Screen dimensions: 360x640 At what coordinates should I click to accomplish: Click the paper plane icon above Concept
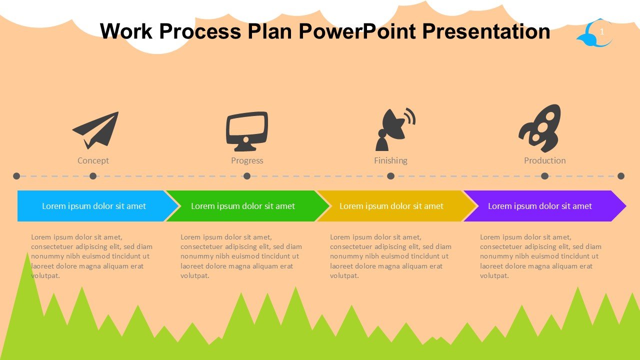point(96,129)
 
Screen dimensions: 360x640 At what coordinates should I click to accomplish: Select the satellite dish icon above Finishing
point(394,129)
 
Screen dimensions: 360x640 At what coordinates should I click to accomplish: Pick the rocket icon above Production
point(539,128)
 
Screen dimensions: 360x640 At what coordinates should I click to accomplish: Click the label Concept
point(93,160)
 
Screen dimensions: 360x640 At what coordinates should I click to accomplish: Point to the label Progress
point(247,160)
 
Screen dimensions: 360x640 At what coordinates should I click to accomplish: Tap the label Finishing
point(390,160)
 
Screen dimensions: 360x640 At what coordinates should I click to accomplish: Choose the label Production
point(544,160)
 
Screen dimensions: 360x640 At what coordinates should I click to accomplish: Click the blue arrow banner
point(94,206)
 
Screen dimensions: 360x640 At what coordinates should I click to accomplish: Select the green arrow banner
point(243,206)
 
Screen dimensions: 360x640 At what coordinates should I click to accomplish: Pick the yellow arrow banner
point(391,206)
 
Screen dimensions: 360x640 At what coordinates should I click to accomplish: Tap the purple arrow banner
point(540,206)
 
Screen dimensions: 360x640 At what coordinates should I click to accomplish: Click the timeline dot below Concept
point(93,176)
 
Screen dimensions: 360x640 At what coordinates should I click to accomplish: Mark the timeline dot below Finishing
point(390,176)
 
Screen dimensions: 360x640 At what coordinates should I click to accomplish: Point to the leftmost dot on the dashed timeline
point(16,176)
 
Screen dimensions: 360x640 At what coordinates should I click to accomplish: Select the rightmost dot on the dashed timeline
point(621,176)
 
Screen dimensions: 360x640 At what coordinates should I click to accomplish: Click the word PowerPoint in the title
point(357,31)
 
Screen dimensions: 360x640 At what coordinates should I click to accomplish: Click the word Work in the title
point(126,31)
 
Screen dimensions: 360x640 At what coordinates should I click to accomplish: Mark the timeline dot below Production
point(544,176)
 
